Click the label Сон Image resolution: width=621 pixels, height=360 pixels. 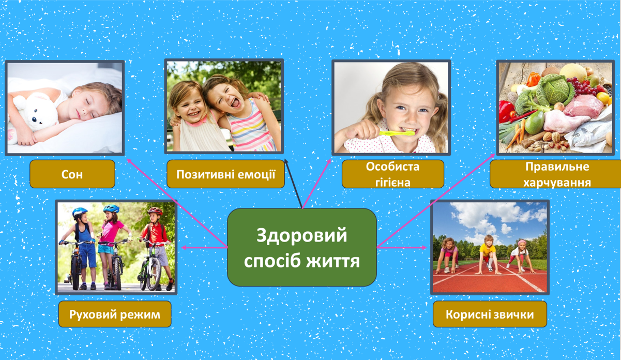pyautogui.click(x=72, y=174)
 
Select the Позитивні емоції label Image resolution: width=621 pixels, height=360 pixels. pyautogui.click(x=225, y=174)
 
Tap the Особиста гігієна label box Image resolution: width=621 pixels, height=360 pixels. pyautogui.click(x=393, y=174)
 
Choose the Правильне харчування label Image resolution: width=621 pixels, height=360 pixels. pyautogui.click(x=555, y=174)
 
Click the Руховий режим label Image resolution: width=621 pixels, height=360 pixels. pyautogui.click(x=115, y=314)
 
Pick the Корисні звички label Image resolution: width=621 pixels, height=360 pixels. pyautogui.click(x=490, y=314)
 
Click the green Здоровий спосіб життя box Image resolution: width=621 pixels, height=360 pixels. pyautogui.click(x=302, y=247)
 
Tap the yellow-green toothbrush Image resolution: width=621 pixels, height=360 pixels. pyautogui.click(x=397, y=133)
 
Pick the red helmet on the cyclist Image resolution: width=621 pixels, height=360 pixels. pyautogui.click(x=155, y=211)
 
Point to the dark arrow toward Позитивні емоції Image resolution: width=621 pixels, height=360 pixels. pyautogui.click(x=293, y=184)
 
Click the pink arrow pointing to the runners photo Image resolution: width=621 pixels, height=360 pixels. pyautogui.click(x=402, y=247)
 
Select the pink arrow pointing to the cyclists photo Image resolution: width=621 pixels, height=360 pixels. pyautogui.click(x=204, y=247)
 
